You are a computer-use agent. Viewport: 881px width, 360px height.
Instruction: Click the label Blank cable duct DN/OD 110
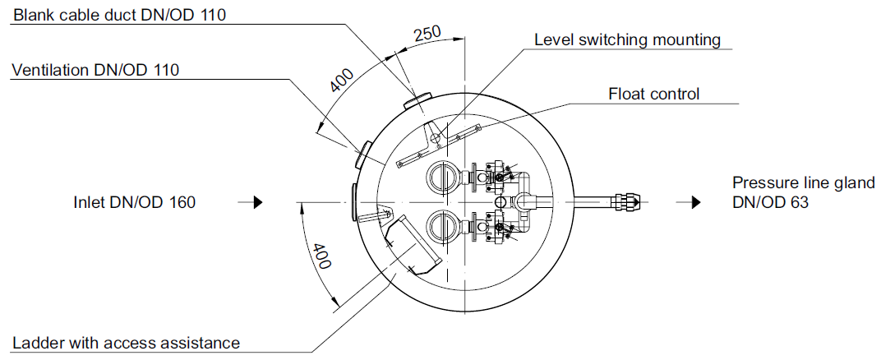[x=119, y=15]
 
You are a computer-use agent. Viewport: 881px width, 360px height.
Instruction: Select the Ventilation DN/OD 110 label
[x=95, y=70]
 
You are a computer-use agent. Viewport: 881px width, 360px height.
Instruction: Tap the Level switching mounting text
[x=627, y=40]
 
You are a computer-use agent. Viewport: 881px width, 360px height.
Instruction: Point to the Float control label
[x=654, y=94]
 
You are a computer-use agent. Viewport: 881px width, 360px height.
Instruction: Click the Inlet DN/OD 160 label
[x=135, y=202]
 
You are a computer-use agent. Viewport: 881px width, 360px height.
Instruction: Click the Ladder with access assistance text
[x=126, y=342]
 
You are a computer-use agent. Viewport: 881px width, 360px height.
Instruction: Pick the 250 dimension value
[x=427, y=35]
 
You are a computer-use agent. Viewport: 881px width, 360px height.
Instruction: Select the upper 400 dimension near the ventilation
[x=342, y=81]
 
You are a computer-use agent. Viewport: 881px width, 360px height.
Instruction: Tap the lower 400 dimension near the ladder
[x=321, y=256]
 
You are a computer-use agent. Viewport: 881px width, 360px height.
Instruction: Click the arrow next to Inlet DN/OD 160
[x=251, y=202]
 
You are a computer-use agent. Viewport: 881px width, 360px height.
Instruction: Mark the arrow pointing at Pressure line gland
[x=689, y=202]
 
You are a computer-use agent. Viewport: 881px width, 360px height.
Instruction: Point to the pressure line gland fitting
[x=626, y=201]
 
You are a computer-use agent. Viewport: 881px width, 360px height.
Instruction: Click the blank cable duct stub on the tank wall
[x=416, y=101]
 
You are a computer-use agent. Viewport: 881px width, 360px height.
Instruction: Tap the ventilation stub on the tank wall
[x=364, y=154]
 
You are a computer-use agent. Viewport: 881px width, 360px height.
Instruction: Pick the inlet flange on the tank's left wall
[x=353, y=202]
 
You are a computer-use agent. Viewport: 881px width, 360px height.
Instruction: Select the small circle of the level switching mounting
[x=434, y=136]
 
